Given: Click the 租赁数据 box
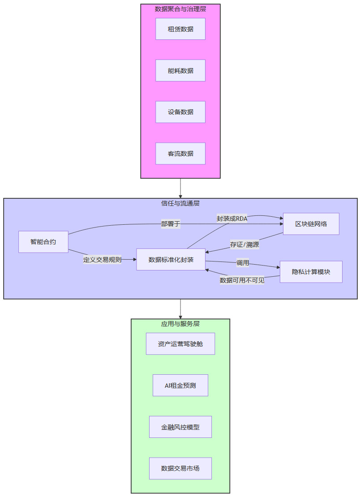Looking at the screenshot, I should [180, 29].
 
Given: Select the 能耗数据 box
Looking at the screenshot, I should [180, 71].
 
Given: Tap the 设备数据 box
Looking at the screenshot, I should [180, 112].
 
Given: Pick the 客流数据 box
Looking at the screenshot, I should [180, 154].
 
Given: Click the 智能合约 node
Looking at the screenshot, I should [43, 242].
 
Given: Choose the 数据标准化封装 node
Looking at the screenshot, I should [171, 260].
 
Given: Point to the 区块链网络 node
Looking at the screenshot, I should [311, 224].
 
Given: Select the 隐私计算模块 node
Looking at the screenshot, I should [311, 272].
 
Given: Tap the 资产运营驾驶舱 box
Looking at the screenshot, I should [180, 344].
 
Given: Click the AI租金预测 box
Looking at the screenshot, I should [180, 386].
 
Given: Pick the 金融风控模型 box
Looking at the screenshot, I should [180, 427].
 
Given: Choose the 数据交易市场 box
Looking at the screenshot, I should [180, 468].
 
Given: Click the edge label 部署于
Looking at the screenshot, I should [171, 224].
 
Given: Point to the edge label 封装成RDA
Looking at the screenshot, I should [232, 219].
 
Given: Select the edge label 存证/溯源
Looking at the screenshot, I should [244, 245].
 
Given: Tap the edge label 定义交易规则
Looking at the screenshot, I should [102, 259].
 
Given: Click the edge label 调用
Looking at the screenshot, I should [243, 263].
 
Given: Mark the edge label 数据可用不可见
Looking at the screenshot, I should [242, 281].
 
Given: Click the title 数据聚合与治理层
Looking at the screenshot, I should [180, 9].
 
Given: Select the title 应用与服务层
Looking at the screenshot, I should [180, 323].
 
